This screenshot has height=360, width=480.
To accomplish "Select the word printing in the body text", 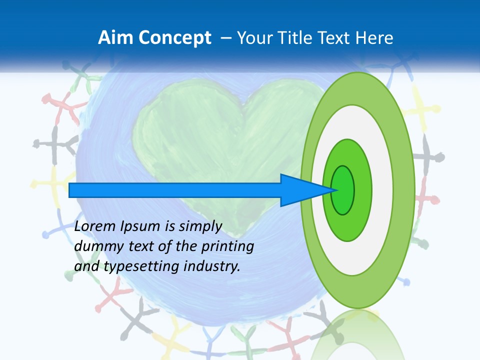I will (x=227, y=247).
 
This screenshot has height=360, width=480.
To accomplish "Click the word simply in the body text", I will (x=199, y=227).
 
